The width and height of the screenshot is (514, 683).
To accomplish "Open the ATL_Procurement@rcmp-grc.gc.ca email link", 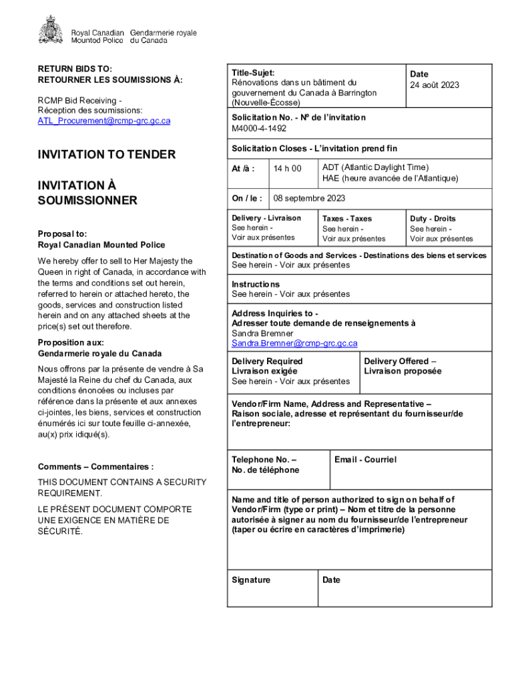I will [x=104, y=121].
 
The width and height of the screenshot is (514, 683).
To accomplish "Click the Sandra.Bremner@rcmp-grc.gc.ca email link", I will [x=294, y=344].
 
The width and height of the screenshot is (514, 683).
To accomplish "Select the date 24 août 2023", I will [x=435, y=85].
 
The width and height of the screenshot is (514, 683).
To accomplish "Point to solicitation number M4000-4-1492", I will [x=259, y=128].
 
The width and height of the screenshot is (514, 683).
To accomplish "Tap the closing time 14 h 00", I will [x=288, y=169].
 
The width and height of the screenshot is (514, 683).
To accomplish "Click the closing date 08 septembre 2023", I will [x=309, y=199].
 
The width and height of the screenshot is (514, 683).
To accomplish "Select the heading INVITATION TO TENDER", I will [x=107, y=155].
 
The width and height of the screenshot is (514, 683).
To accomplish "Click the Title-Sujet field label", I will [x=253, y=73].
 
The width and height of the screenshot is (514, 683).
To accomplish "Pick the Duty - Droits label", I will [x=433, y=219].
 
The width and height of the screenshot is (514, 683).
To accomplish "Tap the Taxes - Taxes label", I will [x=347, y=219].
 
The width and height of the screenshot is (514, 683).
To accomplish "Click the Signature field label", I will [x=251, y=580].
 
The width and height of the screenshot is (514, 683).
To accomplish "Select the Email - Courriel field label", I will [x=366, y=460].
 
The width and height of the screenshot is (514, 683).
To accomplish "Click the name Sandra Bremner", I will [x=262, y=333].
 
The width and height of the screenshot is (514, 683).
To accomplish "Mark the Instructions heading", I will [x=256, y=284].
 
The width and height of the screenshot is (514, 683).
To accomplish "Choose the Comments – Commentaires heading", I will [x=96, y=467].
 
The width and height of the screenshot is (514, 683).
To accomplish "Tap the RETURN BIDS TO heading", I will [x=75, y=69].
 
